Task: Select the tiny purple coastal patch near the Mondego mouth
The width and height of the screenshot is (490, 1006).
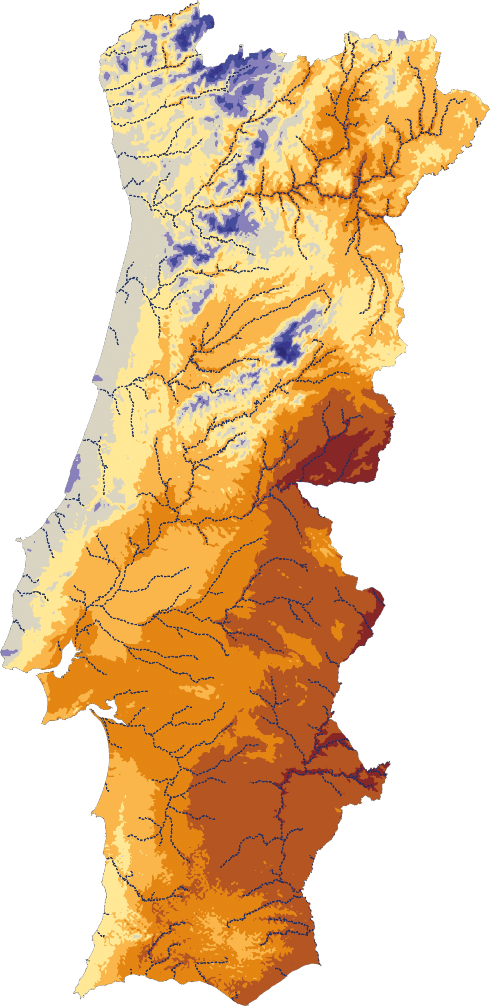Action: click(x=97, y=379)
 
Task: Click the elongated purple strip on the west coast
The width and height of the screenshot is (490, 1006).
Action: click(x=75, y=474)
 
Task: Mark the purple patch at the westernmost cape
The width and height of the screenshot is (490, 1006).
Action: click(x=7, y=652)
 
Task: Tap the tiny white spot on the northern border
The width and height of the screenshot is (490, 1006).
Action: click(x=241, y=47)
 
